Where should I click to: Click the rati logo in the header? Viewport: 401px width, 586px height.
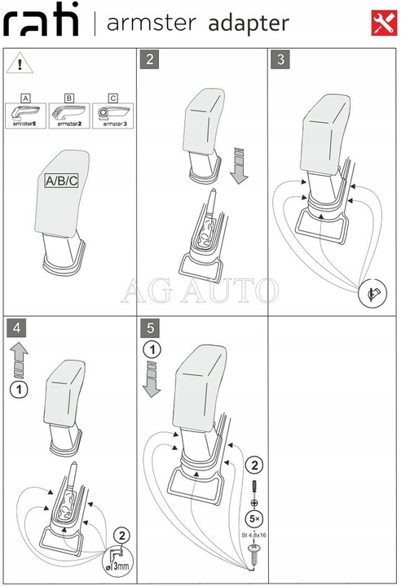42,23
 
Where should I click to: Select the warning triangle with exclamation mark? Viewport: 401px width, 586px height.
15,63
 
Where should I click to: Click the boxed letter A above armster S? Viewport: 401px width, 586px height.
26,98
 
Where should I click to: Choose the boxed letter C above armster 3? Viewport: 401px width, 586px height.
112,98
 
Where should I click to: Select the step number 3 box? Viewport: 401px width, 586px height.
281,59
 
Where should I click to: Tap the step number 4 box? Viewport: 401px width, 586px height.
16,328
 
